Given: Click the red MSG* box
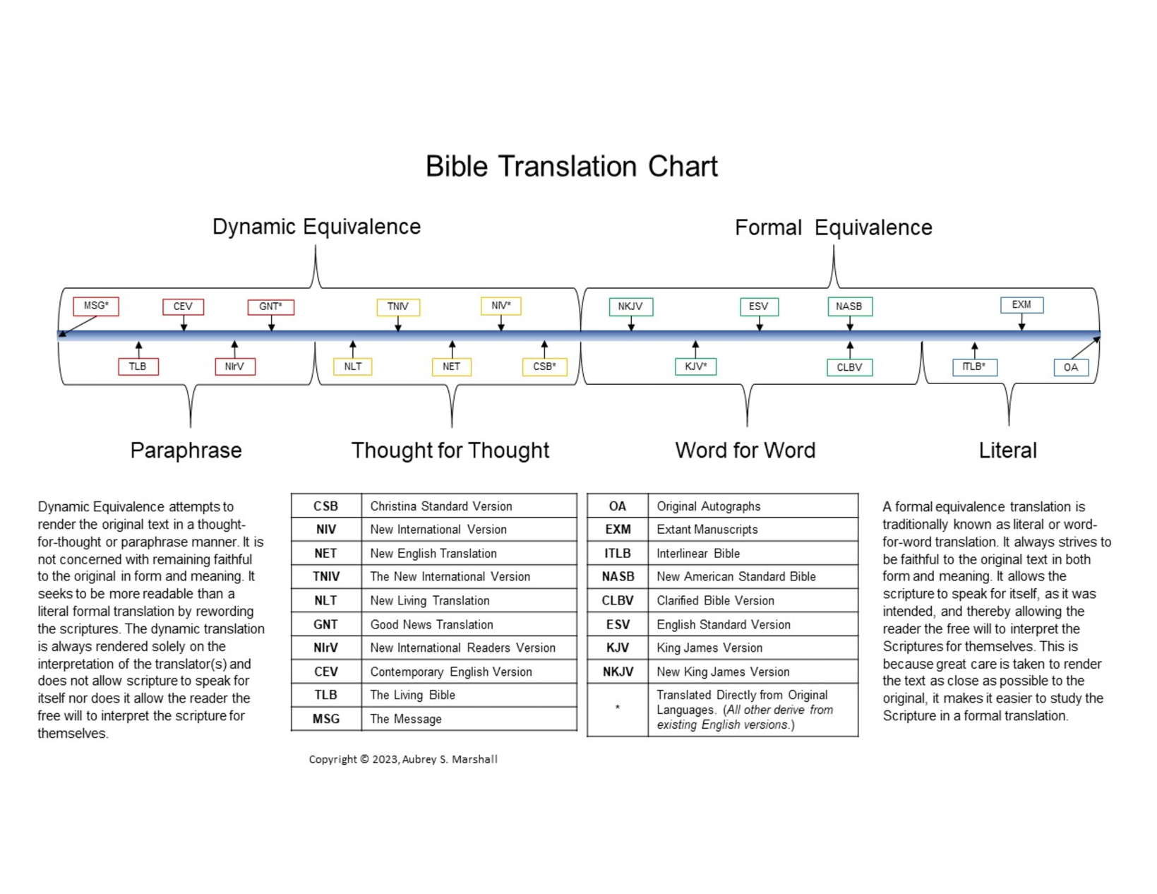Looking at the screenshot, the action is [x=96, y=306].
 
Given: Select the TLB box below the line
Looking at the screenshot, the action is [x=138, y=367].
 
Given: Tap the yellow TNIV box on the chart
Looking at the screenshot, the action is [x=398, y=307].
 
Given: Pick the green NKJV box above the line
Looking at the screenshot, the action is [x=631, y=306].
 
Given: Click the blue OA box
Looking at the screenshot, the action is [x=1071, y=367].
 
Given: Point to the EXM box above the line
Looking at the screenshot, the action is [x=1021, y=305].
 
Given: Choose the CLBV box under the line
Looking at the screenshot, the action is [x=849, y=367].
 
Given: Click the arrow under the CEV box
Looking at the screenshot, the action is [x=184, y=323].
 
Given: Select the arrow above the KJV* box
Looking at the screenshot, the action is [x=695, y=350].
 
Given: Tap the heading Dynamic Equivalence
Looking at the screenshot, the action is [x=316, y=227].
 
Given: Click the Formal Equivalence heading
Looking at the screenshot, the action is [x=833, y=227].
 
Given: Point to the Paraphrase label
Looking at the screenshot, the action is [x=186, y=451].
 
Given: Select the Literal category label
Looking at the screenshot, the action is [x=1007, y=451].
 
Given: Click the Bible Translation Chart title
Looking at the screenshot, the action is [x=571, y=166].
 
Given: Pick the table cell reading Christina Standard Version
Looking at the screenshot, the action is [x=469, y=506].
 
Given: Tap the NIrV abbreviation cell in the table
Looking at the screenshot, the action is [x=326, y=648].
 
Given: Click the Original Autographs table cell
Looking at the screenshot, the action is [x=753, y=506].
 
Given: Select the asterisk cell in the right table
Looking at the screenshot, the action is [x=618, y=709].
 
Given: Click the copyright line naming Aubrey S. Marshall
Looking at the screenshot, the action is [x=403, y=759].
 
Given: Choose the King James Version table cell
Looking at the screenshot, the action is [x=753, y=648].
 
